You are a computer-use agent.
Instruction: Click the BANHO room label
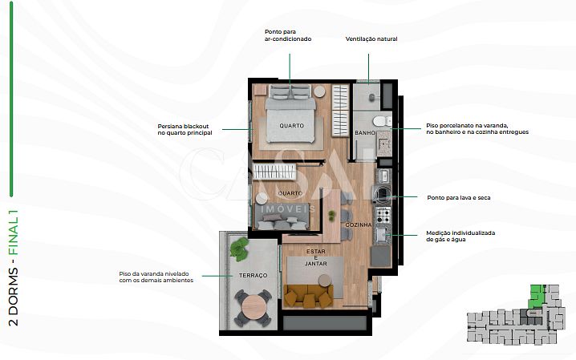[365, 133]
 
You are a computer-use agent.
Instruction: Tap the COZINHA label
[358, 224]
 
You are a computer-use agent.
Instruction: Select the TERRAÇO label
[253, 275]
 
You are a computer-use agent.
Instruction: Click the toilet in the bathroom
[382, 121]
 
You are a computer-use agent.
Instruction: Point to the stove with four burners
[383, 215]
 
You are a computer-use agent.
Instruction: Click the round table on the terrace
[253, 306]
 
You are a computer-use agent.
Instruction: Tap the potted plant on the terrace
[239, 248]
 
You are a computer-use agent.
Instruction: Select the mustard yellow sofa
[309, 296]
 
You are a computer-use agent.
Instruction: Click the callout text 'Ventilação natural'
[371, 39]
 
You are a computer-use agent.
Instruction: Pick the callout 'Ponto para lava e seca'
[458, 197]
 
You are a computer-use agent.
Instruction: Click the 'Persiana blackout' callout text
[185, 129]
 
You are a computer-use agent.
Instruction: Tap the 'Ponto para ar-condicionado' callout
[288, 35]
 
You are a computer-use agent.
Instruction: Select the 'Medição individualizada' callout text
[460, 236]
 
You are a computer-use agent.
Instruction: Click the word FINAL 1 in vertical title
[13, 233]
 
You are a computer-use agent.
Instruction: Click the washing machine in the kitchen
[382, 194]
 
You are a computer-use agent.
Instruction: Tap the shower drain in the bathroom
[371, 97]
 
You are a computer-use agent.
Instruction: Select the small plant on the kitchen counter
[331, 216]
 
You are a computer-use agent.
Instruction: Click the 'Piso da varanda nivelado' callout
[156, 277]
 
